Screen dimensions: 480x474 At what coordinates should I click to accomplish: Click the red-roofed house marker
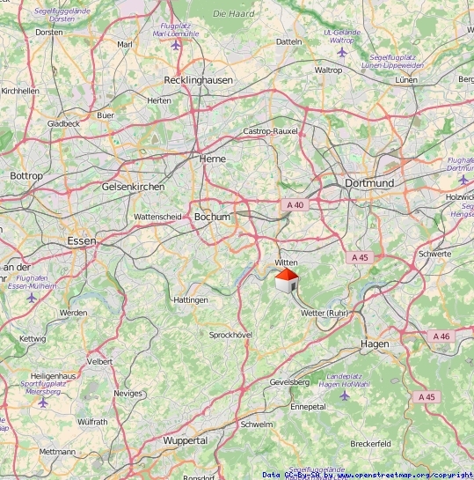[286, 283]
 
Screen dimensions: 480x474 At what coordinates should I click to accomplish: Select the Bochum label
[212, 217]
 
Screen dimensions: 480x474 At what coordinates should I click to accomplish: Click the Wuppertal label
[185, 439]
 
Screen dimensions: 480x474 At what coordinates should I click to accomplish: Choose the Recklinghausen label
[198, 80]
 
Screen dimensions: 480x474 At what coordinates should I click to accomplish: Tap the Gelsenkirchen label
[133, 187]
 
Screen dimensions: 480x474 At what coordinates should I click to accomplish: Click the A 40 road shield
[295, 205]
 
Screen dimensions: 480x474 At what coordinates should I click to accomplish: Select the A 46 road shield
[441, 336]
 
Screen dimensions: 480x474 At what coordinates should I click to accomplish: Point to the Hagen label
[375, 343]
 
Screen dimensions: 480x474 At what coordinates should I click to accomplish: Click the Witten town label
[287, 262]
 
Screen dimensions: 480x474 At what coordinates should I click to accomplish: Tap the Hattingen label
[191, 300]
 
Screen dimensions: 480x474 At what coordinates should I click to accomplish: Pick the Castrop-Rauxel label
[270, 131]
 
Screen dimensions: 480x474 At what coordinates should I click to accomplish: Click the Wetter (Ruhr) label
[325, 313]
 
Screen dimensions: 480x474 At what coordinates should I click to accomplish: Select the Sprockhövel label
[230, 335]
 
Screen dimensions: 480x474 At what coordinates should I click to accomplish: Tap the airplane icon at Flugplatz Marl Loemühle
[177, 44]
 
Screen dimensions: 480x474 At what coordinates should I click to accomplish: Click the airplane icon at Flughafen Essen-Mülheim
[33, 297]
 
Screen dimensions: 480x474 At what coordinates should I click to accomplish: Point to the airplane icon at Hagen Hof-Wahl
[343, 394]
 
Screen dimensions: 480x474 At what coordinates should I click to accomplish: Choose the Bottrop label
[26, 176]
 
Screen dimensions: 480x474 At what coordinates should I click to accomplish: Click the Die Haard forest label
[233, 14]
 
